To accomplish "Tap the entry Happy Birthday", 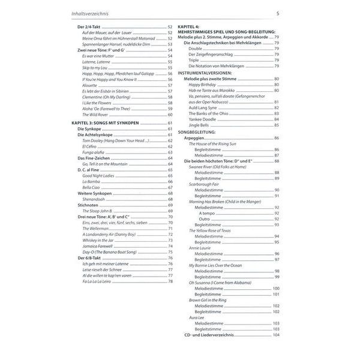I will pos(202,85).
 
